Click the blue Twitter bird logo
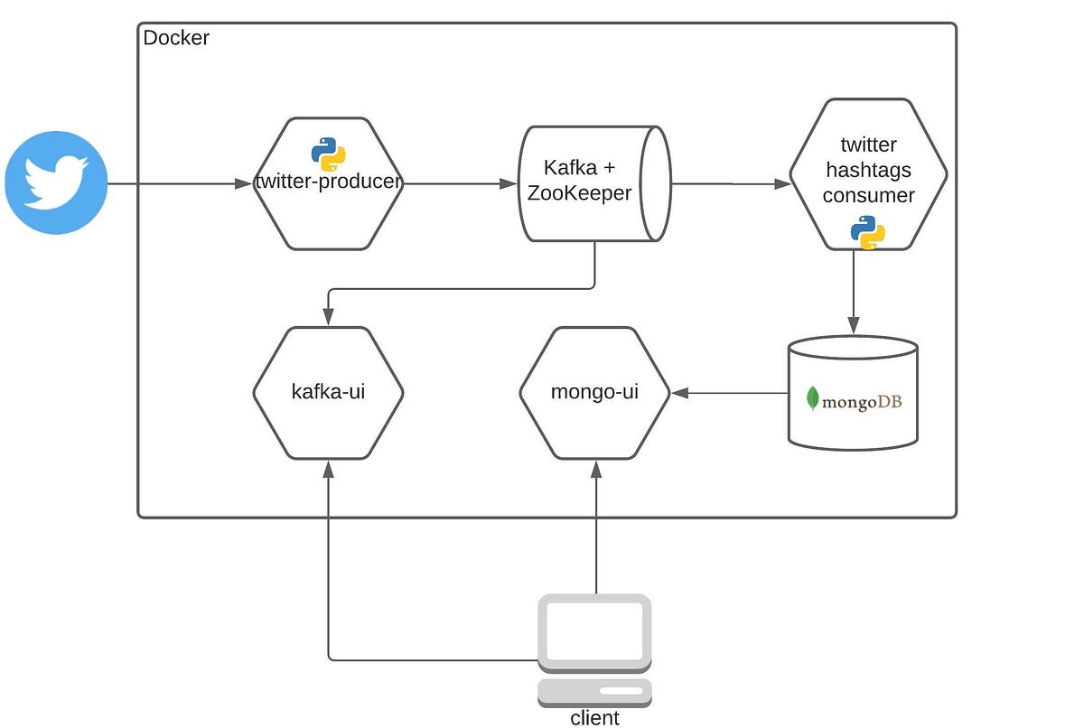click(x=56, y=183)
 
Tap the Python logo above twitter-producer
click(x=329, y=154)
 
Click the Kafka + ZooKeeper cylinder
click(x=593, y=183)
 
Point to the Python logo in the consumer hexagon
click(x=867, y=233)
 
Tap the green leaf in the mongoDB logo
click(x=813, y=398)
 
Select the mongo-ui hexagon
click(x=595, y=393)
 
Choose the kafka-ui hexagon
click(x=328, y=393)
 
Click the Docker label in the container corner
click(x=176, y=39)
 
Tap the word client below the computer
click(x=595, y=718)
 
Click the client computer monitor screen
click(x=595, y=630)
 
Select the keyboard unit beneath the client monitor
click(x=595, y=692)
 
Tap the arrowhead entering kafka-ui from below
click(x=328, y=468)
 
